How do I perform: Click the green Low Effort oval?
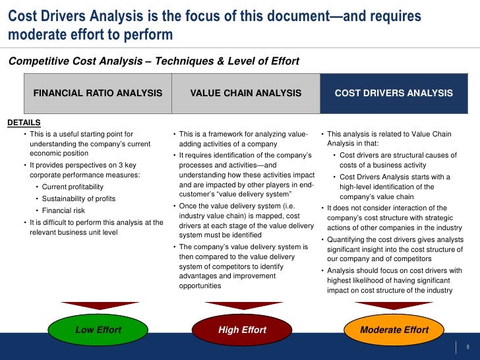click(98, 330)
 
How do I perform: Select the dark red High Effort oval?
click(242, 330)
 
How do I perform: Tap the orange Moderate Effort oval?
click(394, 330)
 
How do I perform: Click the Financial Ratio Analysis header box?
click(98, 93)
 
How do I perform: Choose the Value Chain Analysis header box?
click(245, 93)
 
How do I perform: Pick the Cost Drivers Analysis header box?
click(394, 93)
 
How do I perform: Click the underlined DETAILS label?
click(24, 123)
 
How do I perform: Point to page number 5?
click(467, 347)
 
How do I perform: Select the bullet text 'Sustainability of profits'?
click(84, 198)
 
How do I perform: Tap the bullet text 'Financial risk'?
click(63, 210)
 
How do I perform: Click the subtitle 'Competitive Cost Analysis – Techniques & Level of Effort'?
click(154, 61)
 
